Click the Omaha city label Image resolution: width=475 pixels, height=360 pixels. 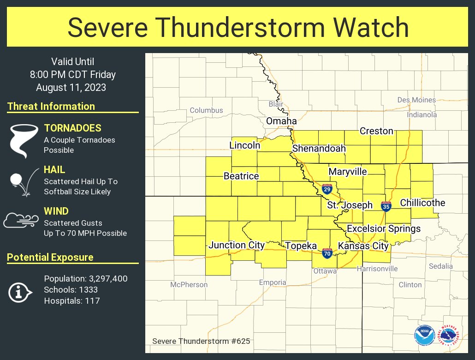pyautogui.click(x=281, y=121)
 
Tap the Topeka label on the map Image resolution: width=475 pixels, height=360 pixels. pyautogui.click(x=301, y=246)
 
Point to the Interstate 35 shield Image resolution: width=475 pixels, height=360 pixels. pyautogui.click(x=386, y=206)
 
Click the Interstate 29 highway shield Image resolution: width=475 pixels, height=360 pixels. pyautogui.click(x=327, y=188)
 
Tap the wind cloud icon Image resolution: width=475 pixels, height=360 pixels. pyautogui.click(x=21, y=220)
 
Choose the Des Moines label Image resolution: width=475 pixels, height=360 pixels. pyautogui.click(x=416, y=100)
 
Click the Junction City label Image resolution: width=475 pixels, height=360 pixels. pyautogui.click(x=237, y=245)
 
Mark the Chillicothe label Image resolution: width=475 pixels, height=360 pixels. pyautogui.click(x=422, y=203)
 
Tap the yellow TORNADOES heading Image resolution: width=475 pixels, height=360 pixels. pyautogui.click(x=72, y=128)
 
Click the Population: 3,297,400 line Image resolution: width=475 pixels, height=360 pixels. pyautogui.click(x=86, y=279)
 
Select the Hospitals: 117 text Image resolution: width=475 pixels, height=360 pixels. pyautogui.click(x=72, y=301)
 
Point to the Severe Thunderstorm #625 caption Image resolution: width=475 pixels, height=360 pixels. pyautogui.click(x=201, y=342)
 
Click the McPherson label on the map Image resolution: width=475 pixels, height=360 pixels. pyautogui.click(x=189, y=285)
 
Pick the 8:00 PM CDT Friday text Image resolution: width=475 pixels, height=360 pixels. pyautogui.click(x=72, y=74)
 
